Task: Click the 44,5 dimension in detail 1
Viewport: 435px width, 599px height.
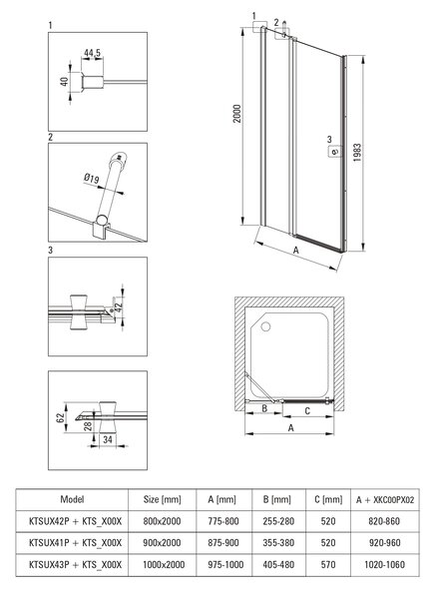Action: [93, 53]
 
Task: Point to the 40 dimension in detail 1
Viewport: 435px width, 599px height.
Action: [64, 82]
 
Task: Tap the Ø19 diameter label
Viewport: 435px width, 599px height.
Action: [91, 179]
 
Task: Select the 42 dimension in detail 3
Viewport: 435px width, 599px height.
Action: [119, 306]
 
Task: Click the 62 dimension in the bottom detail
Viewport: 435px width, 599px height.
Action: [60, 417]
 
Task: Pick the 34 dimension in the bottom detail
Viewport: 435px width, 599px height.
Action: [108, 439]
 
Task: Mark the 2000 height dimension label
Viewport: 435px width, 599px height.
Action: [237, 114]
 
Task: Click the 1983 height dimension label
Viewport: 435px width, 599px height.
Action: [357, 153]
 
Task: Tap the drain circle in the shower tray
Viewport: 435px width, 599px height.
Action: [265, 326]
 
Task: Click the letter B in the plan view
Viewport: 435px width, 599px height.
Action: [264, 408]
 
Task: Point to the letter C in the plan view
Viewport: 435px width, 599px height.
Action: [307, 411]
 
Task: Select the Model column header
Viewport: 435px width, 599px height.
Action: [72, 499]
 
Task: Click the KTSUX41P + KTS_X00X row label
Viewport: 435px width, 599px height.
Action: [75, 543]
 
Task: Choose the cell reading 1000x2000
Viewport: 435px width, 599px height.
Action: [164, 565]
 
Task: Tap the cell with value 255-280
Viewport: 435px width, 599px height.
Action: [278, 521]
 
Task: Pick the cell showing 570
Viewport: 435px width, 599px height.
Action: [328, 565]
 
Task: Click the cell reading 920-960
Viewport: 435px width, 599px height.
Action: [384, 543]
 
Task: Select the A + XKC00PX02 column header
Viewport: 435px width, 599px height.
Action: [385, 500]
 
